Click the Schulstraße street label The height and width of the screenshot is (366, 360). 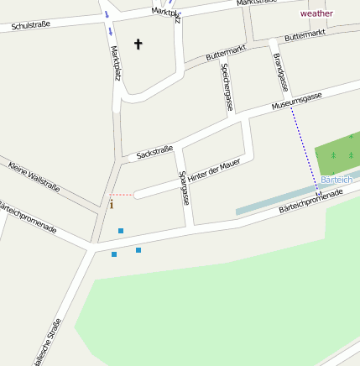coord(31,25)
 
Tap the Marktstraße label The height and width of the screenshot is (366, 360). coord(256,3)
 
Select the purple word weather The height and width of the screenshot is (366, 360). coord(316,13)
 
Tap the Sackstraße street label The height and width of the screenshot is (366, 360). coord(154,151)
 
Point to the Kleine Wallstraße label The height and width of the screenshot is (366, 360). coord(34,176)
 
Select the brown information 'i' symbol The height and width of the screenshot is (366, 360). coord(111,204)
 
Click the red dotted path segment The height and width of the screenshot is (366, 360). coord(121,195)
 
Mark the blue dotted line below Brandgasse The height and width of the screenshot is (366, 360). coord(305,143)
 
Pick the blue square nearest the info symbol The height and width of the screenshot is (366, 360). coord(121,230)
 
